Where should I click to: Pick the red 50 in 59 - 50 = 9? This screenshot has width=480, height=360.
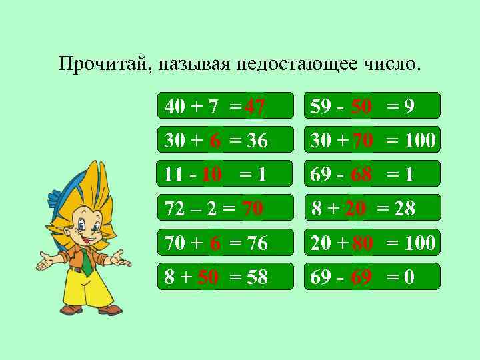point(361,106)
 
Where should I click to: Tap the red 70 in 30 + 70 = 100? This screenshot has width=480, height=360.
point(363,141)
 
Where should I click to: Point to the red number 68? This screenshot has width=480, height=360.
point(361,175)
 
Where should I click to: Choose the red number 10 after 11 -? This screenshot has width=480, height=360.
point(211,175)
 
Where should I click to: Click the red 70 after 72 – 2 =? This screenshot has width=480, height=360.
point(252,209)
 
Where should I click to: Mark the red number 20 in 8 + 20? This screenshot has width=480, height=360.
point(355,209)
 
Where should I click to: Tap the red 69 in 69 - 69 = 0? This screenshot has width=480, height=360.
point(361,277)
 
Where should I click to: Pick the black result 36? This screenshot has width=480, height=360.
point(257,141)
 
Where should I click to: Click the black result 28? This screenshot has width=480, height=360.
point(404,209)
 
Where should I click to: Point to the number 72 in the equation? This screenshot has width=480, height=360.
point(175,209)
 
